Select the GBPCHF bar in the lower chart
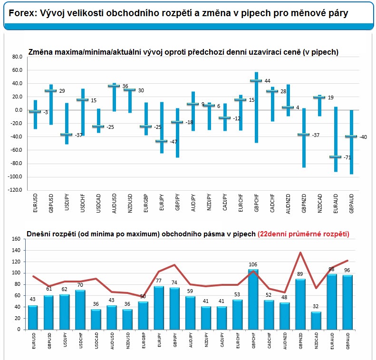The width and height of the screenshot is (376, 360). click(x=253, y=300)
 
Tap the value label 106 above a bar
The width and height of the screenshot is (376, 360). click(x=253, y=264)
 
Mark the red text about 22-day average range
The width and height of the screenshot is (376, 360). click(x=303, y=234)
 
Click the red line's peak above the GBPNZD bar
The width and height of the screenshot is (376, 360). click(x=300, y=253)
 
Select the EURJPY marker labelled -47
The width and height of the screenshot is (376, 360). click(x=161, y=141)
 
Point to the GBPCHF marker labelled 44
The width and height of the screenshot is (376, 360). click(x=256, y=81)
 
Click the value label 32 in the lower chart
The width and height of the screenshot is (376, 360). click(x=316, y=307)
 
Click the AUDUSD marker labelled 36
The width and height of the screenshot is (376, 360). click(x=114, y=86)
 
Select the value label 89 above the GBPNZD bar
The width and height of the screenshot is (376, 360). click(x=300, y=274)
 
